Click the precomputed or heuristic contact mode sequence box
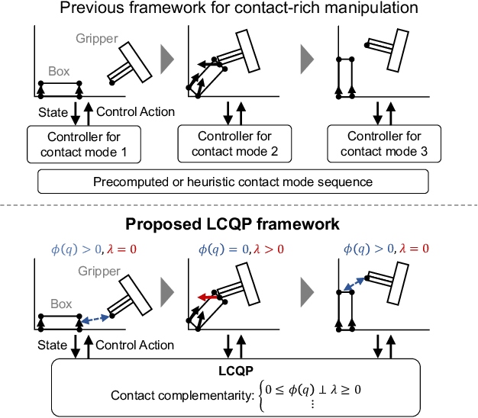coord(234,182)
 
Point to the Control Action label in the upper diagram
coord(135,112)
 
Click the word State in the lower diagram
coord(52,346)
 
